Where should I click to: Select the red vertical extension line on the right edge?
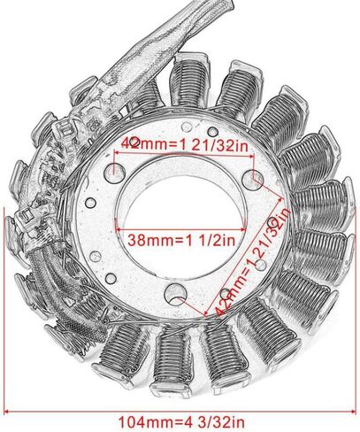click(354, 310)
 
